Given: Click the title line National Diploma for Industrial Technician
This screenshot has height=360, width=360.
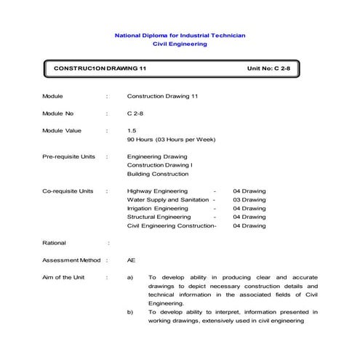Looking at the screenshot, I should (180, 35).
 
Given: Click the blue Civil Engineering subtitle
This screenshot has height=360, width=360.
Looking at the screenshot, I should (180, 44).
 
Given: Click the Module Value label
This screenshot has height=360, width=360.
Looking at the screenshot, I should (63, 130).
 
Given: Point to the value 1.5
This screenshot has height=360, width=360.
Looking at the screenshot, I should (132, 130).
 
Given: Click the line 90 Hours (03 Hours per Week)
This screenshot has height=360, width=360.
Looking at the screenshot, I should (171, 139).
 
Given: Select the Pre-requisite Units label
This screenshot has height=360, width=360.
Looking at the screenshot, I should (68, 156).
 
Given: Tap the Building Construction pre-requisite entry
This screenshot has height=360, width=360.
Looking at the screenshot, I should (158, 174).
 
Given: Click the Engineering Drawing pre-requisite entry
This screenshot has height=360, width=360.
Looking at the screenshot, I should (157, 156).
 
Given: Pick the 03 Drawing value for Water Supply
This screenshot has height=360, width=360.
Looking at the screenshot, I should (249, 200).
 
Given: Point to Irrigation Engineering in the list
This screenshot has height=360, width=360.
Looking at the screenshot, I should (157, 209).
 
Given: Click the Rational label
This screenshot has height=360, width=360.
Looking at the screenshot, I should (54, 243).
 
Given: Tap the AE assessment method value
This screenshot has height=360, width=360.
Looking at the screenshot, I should (131, 260).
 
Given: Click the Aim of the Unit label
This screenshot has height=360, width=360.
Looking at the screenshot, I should (63, 278).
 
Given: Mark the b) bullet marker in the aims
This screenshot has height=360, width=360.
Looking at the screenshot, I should (130, 312).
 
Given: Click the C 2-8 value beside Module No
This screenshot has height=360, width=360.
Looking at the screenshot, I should (134, 113).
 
